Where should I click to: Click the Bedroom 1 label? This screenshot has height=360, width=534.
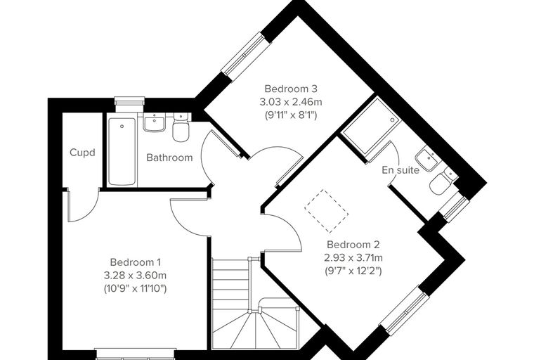(135, 262)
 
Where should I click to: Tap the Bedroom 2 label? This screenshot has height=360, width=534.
(353, 245)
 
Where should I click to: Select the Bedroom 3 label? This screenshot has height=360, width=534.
(291, 89)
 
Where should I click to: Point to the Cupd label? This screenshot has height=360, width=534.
(82, 153)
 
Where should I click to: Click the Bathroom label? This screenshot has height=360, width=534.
(169, 157)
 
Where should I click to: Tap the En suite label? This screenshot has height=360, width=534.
(400, 169)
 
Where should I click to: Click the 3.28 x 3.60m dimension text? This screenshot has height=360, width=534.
(135, 275)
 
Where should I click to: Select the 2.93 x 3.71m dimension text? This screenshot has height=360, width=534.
(353, 258)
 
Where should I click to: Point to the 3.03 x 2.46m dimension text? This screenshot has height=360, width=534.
(291, 102)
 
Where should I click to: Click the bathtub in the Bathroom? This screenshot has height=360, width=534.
(122, 152)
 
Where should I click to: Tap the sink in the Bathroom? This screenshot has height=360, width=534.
(155, 123)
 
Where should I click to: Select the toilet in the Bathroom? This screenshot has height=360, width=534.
(180, 127)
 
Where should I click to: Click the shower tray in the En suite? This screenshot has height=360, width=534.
(370, 126)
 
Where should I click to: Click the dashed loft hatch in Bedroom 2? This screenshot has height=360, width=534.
(327, 212)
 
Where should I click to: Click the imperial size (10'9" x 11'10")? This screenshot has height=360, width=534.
(135, 289)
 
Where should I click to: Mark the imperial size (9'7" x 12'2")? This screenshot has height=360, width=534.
(353, 271)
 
